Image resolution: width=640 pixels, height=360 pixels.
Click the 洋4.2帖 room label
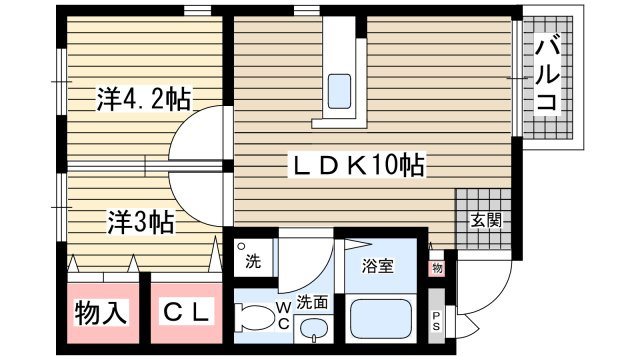pyautogui.click(x=143, y=99)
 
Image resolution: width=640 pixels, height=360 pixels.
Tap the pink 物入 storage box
pyautogui.click(x=101, y=313)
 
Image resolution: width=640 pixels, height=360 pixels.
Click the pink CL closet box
pyautogui.click(x=187, y=313)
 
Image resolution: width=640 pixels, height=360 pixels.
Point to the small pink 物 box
pyautogui.click(x=437, y=267)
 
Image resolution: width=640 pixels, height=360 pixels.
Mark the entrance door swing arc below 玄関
pyautogui.click(x=468, y=290)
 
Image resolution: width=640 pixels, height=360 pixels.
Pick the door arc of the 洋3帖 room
pyautogui.click(x=197, y=194)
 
